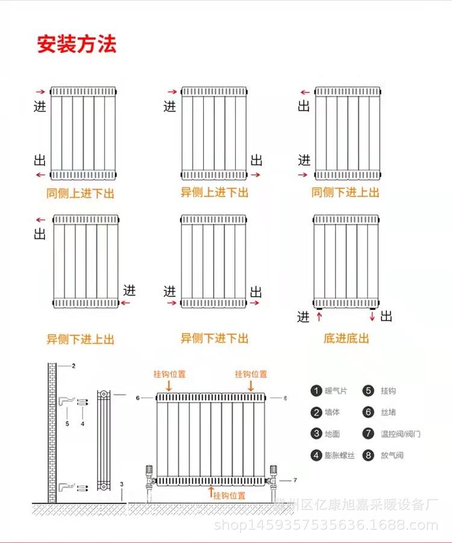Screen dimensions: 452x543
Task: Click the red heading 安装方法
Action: pyautogui.click(x=77, y=44)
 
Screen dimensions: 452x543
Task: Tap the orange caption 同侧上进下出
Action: pyautogui.click(x=80, y=193)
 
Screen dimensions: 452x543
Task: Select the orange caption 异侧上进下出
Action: pyautogui.click(x=215, y=192)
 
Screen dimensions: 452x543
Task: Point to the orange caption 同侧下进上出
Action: pyautogui.click(x=345, y=192)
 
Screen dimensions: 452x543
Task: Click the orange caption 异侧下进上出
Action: pyautogui.click(x=80, y=339)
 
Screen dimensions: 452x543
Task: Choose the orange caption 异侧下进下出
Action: pyautogui.click(x=215, y=338)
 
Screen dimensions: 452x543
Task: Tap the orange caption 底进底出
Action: pyautogui.click(x=347, y=338)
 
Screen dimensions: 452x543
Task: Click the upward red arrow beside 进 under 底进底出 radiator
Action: pyautogui.click(x=319, y=316)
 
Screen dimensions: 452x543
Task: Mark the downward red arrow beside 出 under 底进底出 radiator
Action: pyautogui.click(x=372, y=316)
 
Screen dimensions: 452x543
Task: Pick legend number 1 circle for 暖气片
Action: pyautogui.click(x=316, y=391)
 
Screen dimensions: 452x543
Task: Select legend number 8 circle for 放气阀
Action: pyautogui.click(x=368, y=455)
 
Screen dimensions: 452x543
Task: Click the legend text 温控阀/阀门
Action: pyautogui.click(x=400, y=434)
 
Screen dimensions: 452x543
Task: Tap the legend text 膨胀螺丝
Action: pyautogui.click(x=340, y=455)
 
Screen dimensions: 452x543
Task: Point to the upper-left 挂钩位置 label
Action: pyautogui.click(x=170, y=374)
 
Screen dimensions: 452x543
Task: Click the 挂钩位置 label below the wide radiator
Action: pyautogui.click(x=229, y=495)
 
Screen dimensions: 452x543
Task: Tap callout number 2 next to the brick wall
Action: pyautogui.click(x=74, y=365)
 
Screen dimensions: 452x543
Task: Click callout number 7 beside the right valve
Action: pyautogui.click(x=295, y=480)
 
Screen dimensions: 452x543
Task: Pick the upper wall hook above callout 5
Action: pyautogui.click(x=66, y=402)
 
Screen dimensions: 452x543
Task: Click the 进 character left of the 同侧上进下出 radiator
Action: pyautogui.click(x=40, y=106)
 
